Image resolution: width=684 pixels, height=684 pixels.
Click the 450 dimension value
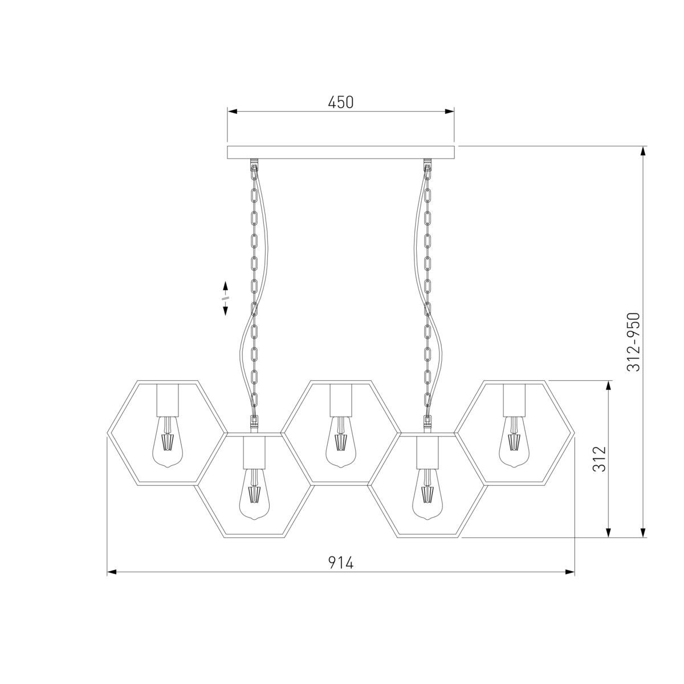point(340,102)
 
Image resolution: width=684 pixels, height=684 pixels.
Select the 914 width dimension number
point(340,563)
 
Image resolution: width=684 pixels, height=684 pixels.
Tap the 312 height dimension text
point(600,459)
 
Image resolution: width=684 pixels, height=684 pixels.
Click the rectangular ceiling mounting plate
point(340,152)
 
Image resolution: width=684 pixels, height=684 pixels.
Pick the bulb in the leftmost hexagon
point(168,442)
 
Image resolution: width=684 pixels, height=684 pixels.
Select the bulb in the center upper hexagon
point(341,442)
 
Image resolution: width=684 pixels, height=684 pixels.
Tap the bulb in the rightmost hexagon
point(514,442)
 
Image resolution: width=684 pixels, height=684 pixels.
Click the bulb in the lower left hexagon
point(254,494)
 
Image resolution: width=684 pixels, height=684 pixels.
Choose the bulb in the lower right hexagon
point(427,494)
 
